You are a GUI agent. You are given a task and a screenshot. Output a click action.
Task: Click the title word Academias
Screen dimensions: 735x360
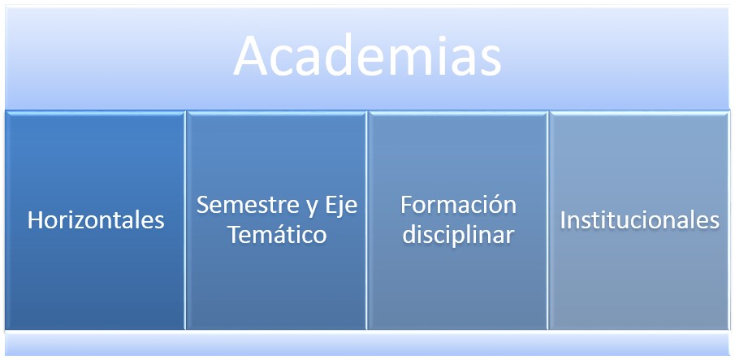(x=367, y=55)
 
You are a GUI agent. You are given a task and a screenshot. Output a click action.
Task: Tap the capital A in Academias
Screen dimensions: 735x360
(x=250, y=54)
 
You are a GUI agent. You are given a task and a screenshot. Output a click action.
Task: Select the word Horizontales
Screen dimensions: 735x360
(x=96, y=220)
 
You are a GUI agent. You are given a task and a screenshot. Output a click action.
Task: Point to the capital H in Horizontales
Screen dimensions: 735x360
(x=35, y=220)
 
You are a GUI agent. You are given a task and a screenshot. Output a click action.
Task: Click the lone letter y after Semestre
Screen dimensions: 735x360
(x=313, y=210)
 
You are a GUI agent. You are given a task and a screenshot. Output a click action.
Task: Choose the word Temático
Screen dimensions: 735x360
(x=277, y=235)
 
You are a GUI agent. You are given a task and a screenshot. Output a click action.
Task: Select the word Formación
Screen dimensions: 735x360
(x=458, y=205)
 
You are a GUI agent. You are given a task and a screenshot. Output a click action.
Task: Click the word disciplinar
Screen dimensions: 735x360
(x=458, y=235)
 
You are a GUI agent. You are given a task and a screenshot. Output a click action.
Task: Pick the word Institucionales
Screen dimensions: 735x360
(x=639, y=220)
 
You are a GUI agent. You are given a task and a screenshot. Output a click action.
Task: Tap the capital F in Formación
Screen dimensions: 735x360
(x=406, y=205)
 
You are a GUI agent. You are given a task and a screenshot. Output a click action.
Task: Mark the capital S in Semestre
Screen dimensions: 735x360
(x=202, y=205)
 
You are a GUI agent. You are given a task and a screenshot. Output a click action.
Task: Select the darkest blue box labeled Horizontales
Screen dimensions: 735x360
(x=96, y=220)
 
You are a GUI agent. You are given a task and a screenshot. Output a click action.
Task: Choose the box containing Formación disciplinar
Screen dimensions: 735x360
(x=457, y=220)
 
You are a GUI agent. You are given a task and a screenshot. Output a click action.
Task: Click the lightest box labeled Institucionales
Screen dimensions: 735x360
(x=639, y=220)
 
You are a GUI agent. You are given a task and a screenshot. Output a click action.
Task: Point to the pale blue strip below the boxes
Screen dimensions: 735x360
(x=367, y=343)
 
